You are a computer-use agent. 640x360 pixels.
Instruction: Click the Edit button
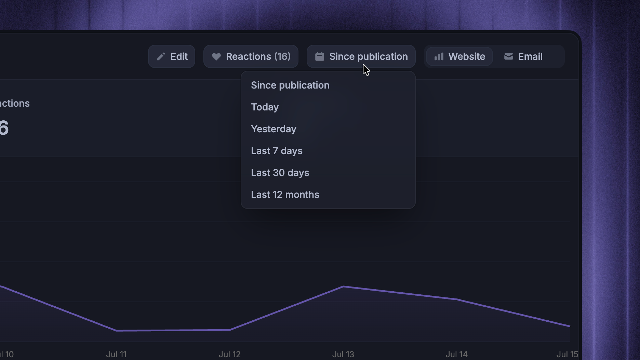(x=172, y=56)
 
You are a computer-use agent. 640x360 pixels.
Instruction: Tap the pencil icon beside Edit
(x=161, y=56)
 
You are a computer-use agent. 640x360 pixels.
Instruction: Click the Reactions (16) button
(x=251, y=56)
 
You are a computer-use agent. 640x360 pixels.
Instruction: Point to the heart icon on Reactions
(x=216, y=57)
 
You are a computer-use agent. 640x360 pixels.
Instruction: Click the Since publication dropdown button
(x=361, y=56)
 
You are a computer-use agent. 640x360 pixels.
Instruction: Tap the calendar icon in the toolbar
(x=319, y=56)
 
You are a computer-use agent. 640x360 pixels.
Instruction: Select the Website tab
(x=459, y=56)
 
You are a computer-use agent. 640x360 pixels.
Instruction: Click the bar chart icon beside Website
(x=439, y=56)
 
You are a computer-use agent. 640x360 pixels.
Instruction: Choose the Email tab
(x=523, y=56)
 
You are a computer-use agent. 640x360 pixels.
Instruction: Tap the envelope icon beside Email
(x=509, y=56)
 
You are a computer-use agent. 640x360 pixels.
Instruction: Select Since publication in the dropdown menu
(x=290, y=85)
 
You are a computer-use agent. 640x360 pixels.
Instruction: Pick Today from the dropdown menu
(x=265, y=107)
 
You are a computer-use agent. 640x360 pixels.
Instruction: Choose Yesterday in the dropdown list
(x=274, y=129)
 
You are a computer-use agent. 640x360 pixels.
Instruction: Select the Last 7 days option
(x=277, y=151)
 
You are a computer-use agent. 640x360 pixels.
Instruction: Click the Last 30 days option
(x=280, y=173)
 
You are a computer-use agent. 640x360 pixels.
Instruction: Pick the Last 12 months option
(x=285, y=195)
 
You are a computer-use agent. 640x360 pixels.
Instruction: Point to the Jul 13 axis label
(x=343, y=355)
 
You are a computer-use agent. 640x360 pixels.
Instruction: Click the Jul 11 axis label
(x=116, y=355)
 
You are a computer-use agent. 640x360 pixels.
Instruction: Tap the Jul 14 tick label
(x=457, y=355)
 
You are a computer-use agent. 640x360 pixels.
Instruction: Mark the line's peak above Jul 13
(x=343, y=286)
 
